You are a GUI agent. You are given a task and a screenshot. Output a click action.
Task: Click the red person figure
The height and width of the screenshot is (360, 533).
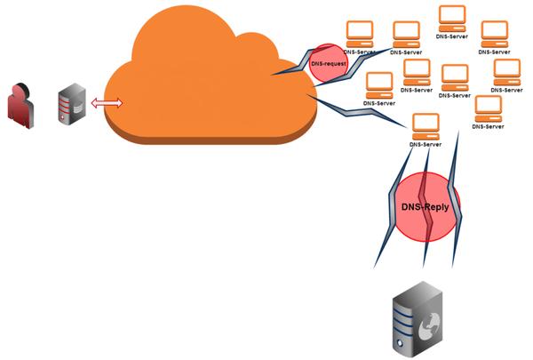click(20, 106)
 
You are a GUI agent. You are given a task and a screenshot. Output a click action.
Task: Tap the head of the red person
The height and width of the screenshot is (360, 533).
click(20, 92)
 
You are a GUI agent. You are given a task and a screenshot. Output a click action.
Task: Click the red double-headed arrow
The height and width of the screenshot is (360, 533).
click(107, 103)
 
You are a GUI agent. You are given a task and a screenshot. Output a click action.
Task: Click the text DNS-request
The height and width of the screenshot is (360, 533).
click(328, 64)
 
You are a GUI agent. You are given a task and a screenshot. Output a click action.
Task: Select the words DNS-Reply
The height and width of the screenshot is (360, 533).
click(426, 207)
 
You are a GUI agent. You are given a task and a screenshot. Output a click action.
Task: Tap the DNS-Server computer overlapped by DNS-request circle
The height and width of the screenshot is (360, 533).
click(359, 32)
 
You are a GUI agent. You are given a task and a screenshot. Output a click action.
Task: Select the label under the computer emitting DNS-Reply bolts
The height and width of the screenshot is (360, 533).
click(426, 144)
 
